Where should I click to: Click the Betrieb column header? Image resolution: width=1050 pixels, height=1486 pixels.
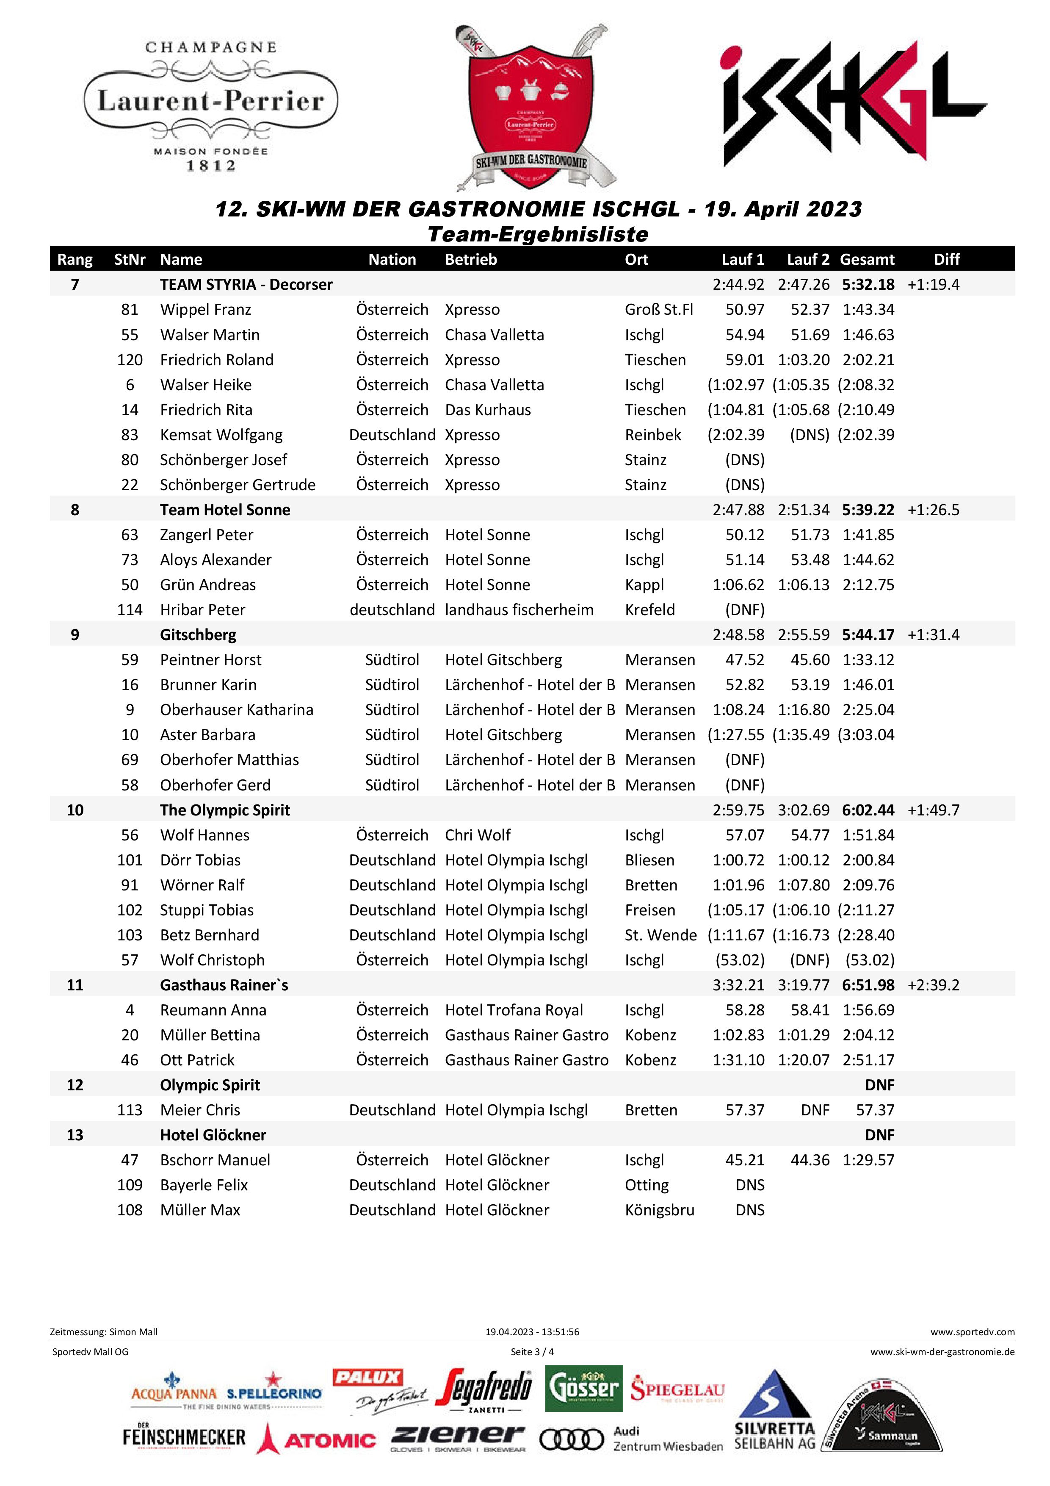coord(470,260)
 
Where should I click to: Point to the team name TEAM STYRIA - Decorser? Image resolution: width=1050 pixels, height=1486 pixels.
coord(246,285)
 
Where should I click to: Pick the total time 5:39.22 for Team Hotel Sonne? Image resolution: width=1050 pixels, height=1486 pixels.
coord(868,510)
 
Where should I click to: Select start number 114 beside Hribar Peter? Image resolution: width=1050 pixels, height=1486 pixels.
coord(130,610)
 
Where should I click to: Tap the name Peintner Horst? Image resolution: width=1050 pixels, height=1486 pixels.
coord(210,660)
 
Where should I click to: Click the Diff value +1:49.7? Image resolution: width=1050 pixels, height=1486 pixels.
coord(933,810)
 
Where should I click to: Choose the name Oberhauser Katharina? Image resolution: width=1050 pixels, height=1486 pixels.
coord(236,710)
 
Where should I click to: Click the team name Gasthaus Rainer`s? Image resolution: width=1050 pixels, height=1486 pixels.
coord(224,985)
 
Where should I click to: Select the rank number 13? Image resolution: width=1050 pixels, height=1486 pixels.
coord(75,1135)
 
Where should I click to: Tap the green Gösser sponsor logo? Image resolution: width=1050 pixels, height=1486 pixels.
coord(583,1388)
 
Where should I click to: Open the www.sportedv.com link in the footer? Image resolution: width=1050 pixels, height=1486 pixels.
coord(973,1332)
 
